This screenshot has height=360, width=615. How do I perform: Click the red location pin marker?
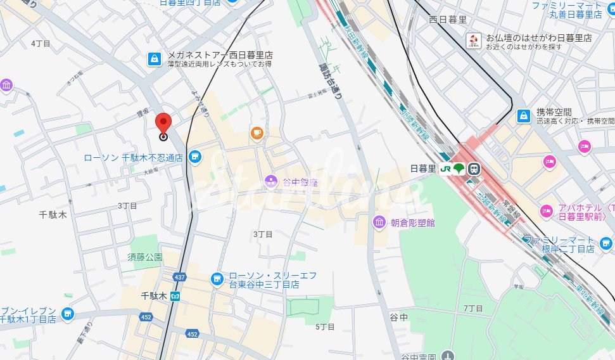[x=163, y=123]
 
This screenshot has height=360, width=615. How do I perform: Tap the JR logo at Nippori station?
[x=445, y=169]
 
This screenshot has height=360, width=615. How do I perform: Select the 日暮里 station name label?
[x=423, y=169]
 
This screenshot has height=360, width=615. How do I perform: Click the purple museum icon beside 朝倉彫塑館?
[x=379, y=222]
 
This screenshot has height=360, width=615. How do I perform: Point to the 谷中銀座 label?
[x=300, y=183]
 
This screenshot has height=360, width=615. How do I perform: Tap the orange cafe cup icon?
[x=257, y=132]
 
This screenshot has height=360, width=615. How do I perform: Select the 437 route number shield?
[x=180, y=277]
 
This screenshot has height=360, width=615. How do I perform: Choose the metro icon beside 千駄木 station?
[x=175, y=296]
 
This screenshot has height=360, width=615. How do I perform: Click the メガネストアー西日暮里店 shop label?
[x=220, y=55]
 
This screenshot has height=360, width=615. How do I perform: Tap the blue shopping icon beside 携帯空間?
[x=524, y=116]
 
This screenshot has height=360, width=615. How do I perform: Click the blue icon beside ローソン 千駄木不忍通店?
[x=195, y=156]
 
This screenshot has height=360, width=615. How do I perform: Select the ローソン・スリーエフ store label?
[x=272, y=276]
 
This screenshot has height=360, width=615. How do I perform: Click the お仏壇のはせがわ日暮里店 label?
[x=538, y=38]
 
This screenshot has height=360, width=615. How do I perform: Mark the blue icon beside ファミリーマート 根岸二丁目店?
[x=606, y=242]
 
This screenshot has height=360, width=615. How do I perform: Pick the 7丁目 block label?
[x=473, y=309]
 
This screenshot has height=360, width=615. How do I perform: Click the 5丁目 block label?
[x=324, y=326]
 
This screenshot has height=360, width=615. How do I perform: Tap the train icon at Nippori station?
[x=474, y=169]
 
